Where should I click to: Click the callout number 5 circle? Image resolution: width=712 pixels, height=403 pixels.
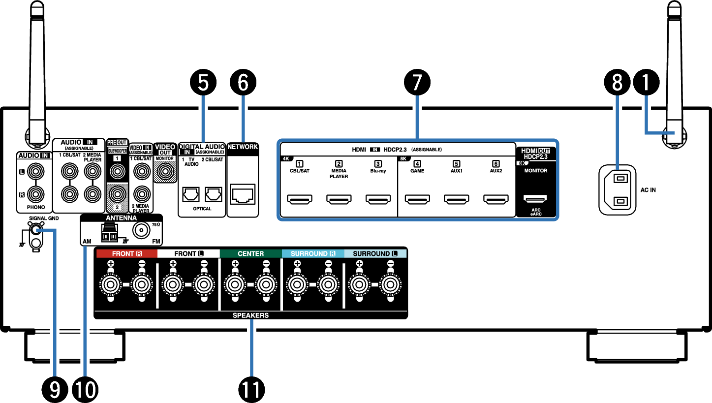click(x=203, y=83)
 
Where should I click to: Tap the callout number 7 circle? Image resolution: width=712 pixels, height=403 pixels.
click(x=417, y=83)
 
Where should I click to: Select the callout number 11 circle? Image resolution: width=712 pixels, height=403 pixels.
click(x=251, y=390)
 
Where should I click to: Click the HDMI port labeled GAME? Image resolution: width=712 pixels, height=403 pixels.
click(x=417, y=199)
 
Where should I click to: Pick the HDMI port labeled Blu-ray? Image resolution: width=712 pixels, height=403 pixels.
click(x=377, y=199)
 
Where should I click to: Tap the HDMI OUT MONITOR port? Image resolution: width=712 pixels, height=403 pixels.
click(x=535, y=199)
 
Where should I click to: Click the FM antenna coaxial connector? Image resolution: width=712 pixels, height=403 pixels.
click(x=142, y=229)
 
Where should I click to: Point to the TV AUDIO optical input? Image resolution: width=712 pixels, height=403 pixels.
click(x=191, y=194)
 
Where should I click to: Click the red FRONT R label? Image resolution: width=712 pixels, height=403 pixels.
click(x=126, y=254)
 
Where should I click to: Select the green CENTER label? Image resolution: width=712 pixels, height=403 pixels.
click(x=250, y=254)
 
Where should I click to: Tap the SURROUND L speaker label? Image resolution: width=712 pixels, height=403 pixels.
click(x=375, y=254)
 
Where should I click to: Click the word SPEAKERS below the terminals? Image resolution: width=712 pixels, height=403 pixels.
click(x=250, y=315)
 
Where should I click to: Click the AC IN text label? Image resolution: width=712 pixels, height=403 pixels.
click(x=648, y=189)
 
